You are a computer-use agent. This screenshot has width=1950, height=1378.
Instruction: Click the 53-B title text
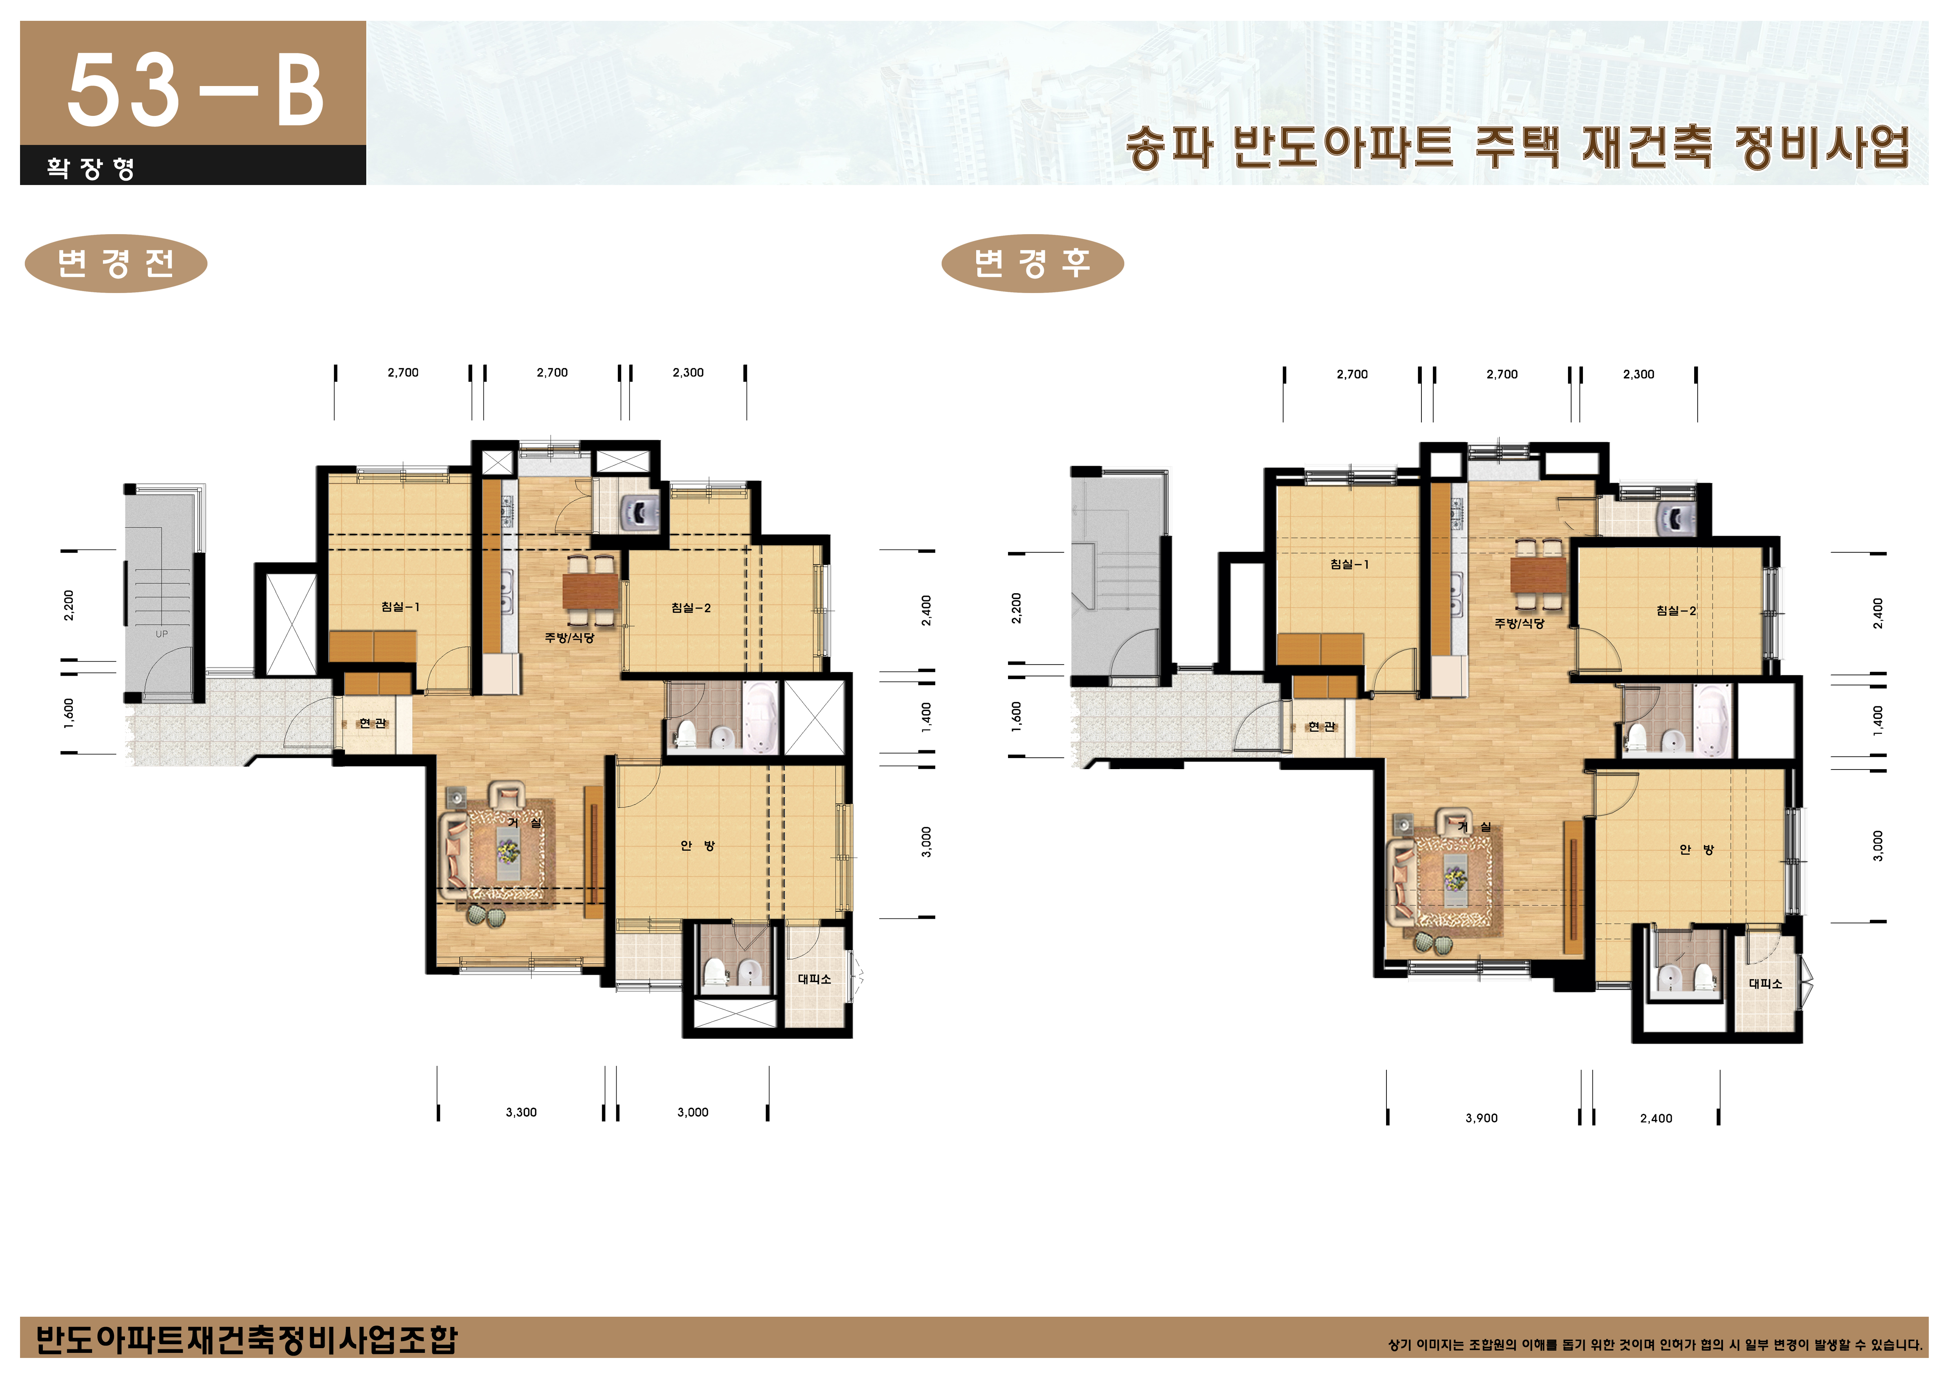tap(195, 90)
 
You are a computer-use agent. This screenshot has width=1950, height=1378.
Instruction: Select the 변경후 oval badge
tap(1032, 263)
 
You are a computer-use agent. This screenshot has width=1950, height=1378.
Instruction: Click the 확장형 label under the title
tap(90, 167)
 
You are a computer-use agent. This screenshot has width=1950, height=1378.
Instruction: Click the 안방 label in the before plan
tap(697, 846)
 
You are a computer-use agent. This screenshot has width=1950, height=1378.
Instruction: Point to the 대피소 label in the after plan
tap(1765, 983)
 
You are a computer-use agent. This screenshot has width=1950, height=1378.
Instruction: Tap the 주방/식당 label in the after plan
tap(1519, 623)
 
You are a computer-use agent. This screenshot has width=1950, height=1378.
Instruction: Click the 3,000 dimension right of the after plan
tap(1878, 846)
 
